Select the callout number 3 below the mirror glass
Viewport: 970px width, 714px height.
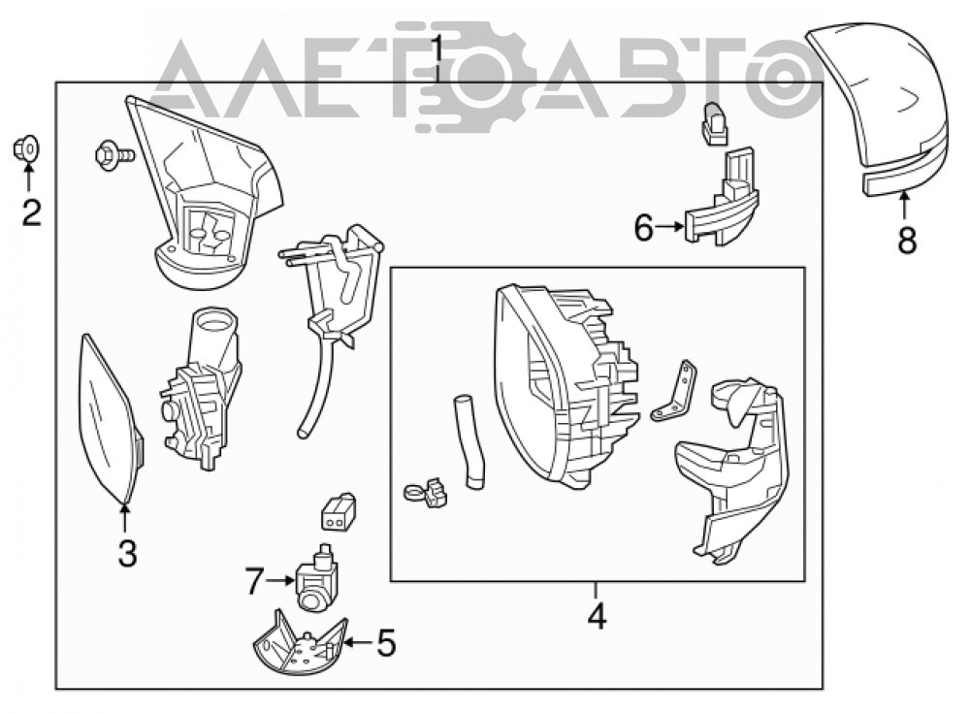coord(127,553)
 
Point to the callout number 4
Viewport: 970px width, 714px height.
coord(597,615)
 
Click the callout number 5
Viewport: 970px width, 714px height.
coord(386,643)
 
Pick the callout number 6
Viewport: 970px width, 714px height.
coord(644,228)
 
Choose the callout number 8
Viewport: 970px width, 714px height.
coord(907,240)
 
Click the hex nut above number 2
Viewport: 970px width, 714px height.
coord(27,147)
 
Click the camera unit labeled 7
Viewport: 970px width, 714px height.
coord(318,576)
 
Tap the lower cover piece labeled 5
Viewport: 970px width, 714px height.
coord(300,643)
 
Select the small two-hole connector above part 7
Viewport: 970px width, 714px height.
coord(338,511)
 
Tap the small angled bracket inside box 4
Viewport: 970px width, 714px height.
coord(675,392)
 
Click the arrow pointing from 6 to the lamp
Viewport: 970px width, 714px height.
coord(670,227)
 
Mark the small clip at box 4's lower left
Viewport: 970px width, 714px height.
coord(426,492)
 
